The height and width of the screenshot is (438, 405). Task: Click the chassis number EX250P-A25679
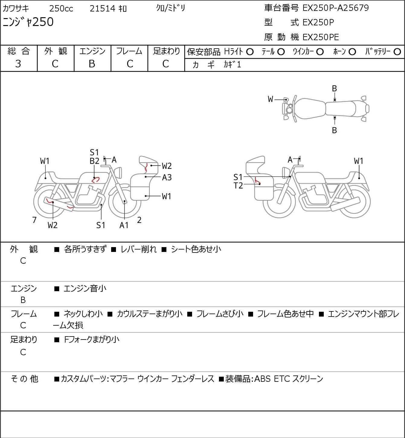[336, 8]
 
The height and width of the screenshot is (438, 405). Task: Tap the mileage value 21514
[102, 8]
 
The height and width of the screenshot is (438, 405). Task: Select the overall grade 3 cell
[18, 64]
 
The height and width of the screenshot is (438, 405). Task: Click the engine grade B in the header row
[92, 64]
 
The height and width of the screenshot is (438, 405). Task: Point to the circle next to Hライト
[250, 52]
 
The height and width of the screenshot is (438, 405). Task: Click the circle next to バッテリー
[397, 52]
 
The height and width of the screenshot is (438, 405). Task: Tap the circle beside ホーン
[352, 52]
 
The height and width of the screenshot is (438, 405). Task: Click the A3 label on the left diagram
[167, 177]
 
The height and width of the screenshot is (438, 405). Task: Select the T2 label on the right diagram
[238, 185]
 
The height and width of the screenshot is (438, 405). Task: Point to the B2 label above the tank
[95, 161]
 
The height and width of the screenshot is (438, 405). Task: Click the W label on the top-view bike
[270, 99]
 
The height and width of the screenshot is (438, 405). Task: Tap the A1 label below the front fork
[124, 225]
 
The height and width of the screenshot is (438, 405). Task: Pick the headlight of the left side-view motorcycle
[118, 173]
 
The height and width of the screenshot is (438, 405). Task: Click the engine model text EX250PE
[321, 37]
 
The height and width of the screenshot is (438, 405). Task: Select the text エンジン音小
[85, 288]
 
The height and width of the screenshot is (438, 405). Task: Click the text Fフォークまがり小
[92, 340]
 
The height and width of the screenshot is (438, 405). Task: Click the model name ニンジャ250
[28, 22]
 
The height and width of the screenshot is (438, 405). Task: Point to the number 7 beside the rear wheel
[34, 220]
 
